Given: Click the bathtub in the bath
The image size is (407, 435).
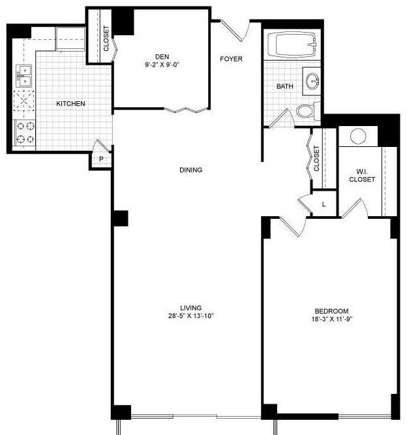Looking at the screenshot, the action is (x=292, y=44).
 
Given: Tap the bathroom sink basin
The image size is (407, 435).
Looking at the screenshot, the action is (x=313, y=81).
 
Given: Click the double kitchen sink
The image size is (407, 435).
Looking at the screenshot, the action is (x=24, y=76).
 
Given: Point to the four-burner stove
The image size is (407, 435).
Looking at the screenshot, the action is (x=24, y=133).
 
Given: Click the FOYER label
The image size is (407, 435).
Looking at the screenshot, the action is (x=231, y=59).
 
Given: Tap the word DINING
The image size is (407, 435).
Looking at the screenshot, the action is (x=191, y=170).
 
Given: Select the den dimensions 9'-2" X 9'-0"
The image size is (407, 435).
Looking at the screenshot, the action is (x=162, y=65).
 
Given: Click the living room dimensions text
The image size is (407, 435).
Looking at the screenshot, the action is (x=191, y=315).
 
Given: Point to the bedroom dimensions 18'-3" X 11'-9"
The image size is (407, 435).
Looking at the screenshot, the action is (x=331, y=319).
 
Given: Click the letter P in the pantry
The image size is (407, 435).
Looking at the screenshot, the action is (x=101, y=159).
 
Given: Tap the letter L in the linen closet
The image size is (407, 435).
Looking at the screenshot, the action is (x=324, y=204).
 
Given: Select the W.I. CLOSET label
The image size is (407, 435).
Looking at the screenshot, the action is (x=362, y=176).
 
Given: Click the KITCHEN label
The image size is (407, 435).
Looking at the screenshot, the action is (x=70, y=103).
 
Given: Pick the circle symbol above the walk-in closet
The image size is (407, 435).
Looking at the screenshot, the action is (x=358, y=137).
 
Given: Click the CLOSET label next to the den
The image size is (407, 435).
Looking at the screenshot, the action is (x=106, y=39).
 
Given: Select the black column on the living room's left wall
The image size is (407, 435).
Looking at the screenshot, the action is (x=120, y=218).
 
